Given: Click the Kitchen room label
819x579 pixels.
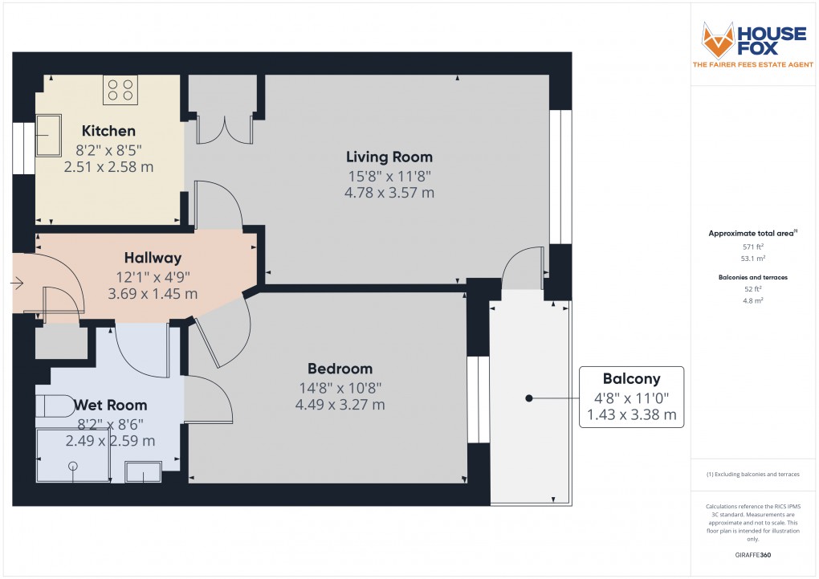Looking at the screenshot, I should click(108, 131).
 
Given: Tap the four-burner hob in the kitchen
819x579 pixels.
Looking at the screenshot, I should click(120, 89).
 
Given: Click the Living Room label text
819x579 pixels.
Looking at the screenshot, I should click(389, 157).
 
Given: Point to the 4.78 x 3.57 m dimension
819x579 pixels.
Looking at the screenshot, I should click(389, 193).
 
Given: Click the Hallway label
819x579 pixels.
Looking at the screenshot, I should click(153, 258).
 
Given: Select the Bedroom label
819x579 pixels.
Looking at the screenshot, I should click(340, 369).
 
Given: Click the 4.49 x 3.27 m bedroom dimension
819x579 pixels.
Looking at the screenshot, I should click(340, 405).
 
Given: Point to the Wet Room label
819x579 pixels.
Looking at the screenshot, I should click(111, 405).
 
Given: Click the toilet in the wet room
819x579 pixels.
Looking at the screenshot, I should click(55, 407).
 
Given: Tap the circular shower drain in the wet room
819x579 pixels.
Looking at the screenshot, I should click(74, 466).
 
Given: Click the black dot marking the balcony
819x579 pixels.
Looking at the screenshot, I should click(528, 398).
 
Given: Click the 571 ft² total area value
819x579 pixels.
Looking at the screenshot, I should click(752, 247).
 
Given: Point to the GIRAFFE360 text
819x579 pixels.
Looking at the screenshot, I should click(754, 555).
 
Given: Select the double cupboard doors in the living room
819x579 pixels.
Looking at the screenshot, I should click(225, 128).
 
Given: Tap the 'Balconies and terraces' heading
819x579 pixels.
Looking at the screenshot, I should click(752, 276).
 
